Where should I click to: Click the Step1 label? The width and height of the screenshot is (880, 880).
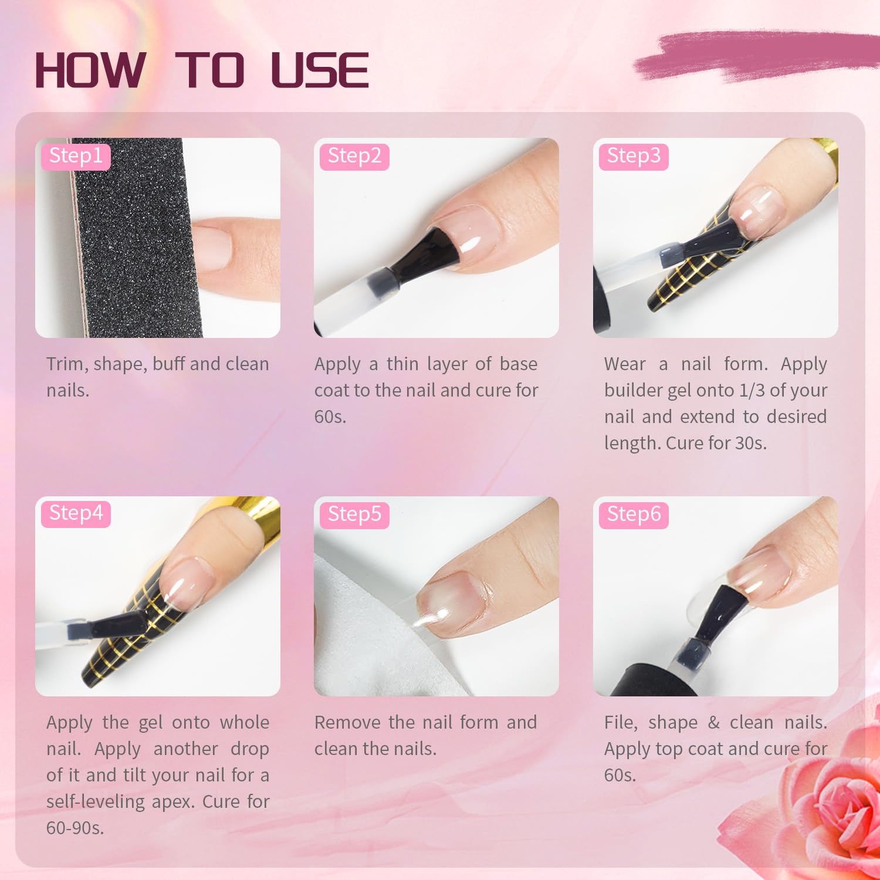(76, 155)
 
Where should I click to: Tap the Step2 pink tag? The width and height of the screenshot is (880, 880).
(354, 155)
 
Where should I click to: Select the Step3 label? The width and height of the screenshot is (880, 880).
(634, 155)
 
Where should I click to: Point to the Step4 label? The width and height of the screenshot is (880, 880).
(76, 513)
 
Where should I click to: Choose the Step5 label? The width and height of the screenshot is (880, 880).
(354, 514)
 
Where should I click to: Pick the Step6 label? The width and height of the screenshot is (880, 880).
(634, 514)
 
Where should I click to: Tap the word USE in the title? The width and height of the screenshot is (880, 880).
(320, 70)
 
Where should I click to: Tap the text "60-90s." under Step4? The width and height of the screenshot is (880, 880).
(75, 828)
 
